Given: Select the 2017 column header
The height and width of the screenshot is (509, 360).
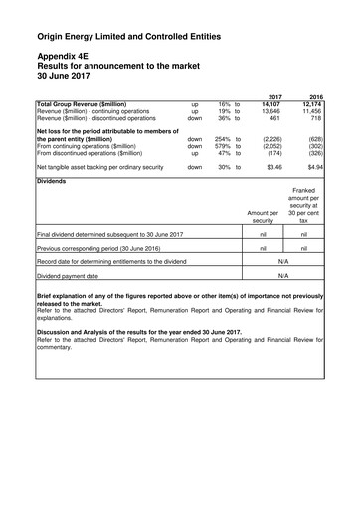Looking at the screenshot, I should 275,95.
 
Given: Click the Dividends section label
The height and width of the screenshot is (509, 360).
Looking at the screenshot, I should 53,182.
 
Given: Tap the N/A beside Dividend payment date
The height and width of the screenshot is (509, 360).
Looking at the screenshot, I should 283,275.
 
